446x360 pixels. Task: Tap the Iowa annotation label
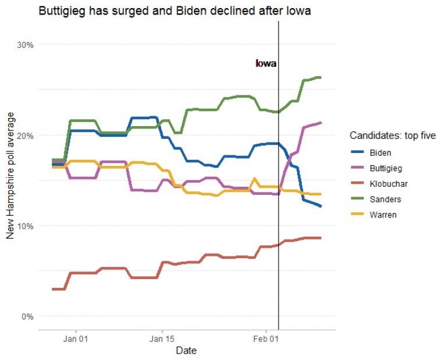pos(266,63)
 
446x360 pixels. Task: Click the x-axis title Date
pos(186,351)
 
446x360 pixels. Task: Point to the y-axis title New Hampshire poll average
pos(10,181)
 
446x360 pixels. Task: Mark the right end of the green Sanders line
pos(321,77)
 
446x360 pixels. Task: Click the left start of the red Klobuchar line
pos(52,289)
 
